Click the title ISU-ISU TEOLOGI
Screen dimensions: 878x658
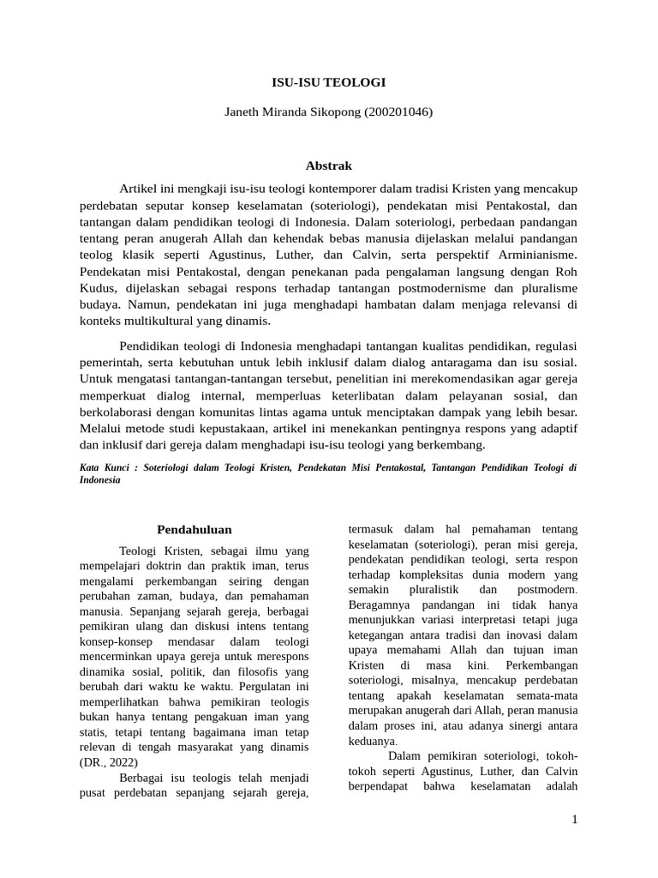tap(329, 82)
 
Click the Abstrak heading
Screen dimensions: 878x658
tap(329, 165)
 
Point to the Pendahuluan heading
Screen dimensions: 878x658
tap(194, 529)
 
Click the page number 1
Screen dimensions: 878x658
tap(575, 820)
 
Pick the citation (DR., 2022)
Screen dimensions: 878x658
tap(109, 761)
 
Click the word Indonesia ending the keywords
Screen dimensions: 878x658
tap(100, 480)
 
